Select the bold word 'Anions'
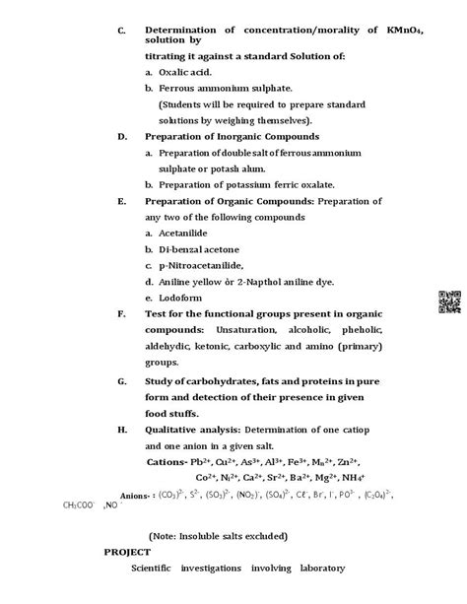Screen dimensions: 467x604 coord(136,498)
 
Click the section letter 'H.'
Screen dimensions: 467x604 coord(121,430)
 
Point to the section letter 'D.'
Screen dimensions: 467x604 coord(121,136)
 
